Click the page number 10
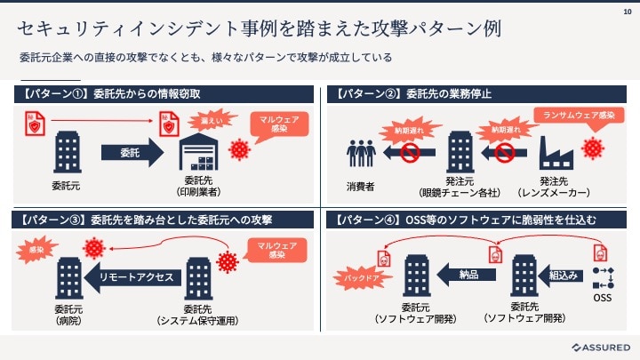click(x=628, y=12)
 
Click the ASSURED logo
click(x=601, y=348)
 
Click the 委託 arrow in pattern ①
click(x=132, y=153)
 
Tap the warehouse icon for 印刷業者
click(x=199, y=151)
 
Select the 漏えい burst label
click(x=212, y=120)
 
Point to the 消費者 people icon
click(x=361, y=153)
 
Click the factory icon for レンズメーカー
click(x=556, y=153)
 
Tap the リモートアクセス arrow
click(x=132, y=277)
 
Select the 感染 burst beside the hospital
click(x=36, y=250)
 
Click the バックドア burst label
click(x=362, y=278)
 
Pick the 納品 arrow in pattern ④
click(x=466, y=275)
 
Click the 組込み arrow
click(x=560, y=276)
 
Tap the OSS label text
click(x=603, y=298)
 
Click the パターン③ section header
click(x=163, y=220)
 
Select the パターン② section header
click(x=476, y=94)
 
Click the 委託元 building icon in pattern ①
click(x=68, y=152)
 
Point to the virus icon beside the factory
click(x=593, y=148)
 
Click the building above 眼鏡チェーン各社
click(x=460, y=152)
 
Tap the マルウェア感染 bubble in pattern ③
click(x=276, y=250)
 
